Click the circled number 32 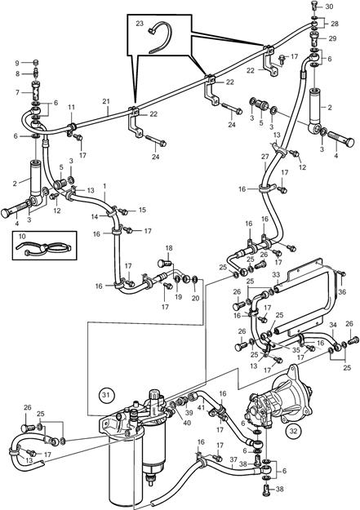tap(293, 432)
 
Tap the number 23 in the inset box tap(140, 24)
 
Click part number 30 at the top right tap(329, 7)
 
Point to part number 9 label tap(17, 63)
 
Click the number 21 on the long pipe tap(106, 101)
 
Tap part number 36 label tap(342, 292)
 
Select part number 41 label tap(201, 406)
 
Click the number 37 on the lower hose tap(233, 459)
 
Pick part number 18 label tap(169, 248)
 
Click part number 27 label tap(265, 157)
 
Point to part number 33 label tap(276, 275)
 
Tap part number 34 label tap(333, 325)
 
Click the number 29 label tap(332, 38)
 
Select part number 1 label tap(104, 186)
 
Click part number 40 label tap(187, 423)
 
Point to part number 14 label tap(95, 216)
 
